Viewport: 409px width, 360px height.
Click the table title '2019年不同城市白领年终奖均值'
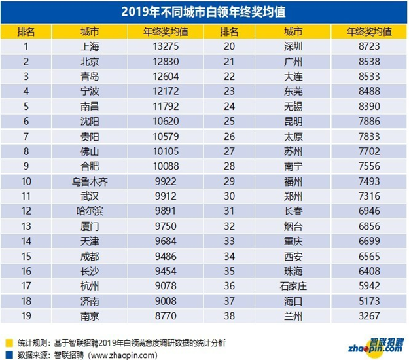pyautogui.click(x=204, y=11)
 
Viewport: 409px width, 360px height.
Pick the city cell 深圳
pyautogui.click(x=289, y=46)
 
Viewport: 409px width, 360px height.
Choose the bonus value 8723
pyautogui.click(x=370, y=46)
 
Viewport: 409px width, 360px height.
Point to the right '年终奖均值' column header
pyautogui.click(x=370, y=31)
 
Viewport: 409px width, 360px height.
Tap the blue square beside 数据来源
pyautogui.click(x=8, y=355)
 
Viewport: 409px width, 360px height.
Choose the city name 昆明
pyautogui.click(x=289, y=121)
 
